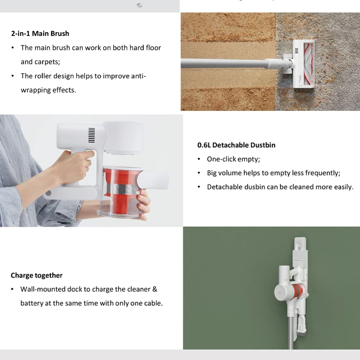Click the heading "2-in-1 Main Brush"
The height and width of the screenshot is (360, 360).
coord(40,34)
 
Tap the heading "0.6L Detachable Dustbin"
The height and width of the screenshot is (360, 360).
coord(236,145)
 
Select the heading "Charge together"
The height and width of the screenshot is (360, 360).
coord(36,276)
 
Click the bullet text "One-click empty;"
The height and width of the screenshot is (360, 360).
coord(233,159)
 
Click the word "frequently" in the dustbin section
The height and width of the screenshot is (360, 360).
coord(322,173)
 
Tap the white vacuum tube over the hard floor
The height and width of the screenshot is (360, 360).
coord(226,63)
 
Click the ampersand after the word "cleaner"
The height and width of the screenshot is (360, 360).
coord(155,289)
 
